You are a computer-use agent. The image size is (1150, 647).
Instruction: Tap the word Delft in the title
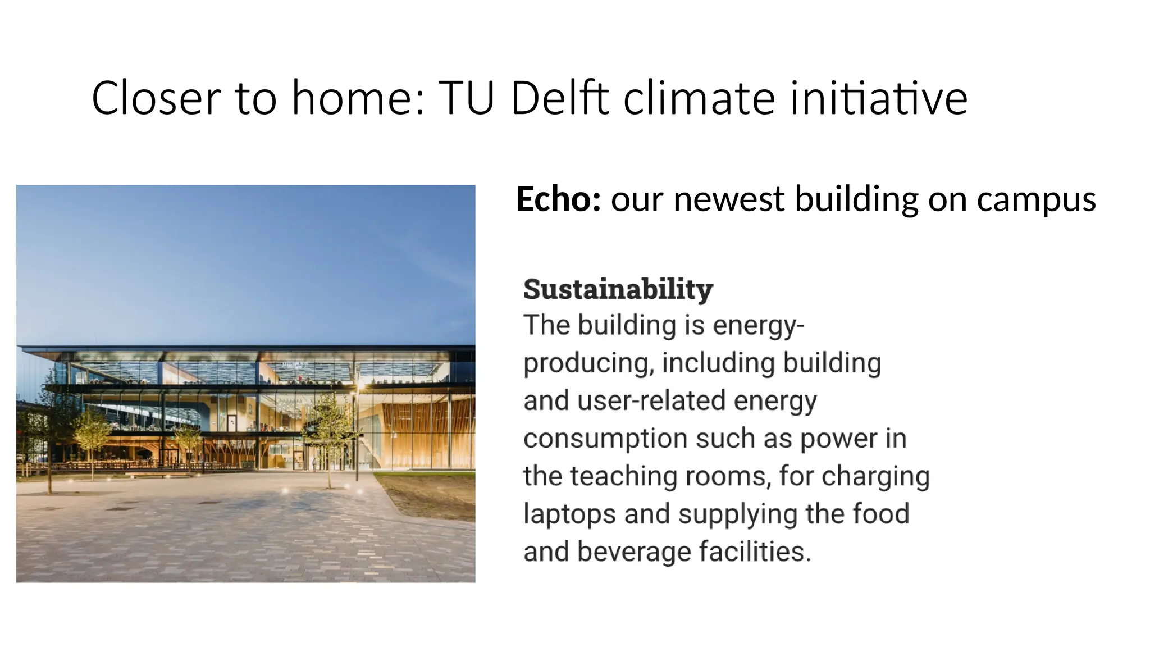559,98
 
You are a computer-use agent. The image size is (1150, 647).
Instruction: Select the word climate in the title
699,98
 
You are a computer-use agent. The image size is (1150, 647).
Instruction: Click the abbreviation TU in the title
466,98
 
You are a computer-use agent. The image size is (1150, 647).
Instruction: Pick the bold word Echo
558,199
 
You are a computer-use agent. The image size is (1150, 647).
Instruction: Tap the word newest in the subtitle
728,199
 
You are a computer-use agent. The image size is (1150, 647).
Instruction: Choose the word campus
1036,199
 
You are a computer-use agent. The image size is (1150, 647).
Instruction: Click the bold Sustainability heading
618,289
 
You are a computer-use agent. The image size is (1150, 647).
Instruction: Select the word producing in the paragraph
588,364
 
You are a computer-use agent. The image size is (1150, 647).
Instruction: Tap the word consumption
605,439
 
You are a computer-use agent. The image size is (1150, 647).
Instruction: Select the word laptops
569,514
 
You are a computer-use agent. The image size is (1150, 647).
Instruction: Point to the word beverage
634,552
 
